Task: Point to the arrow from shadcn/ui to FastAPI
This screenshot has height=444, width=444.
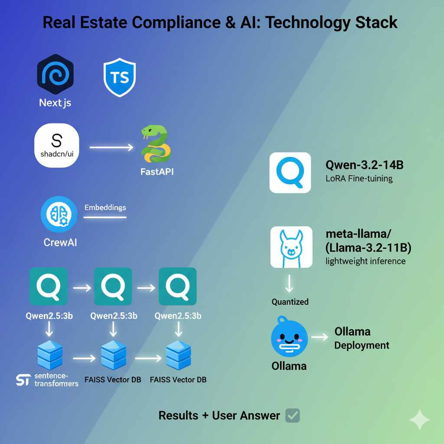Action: tap(111, 148)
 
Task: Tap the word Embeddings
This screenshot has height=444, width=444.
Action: tap(105, 208)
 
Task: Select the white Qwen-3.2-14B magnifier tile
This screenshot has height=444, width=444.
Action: tap(290, 172)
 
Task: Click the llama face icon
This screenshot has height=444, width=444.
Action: tap(291, 247)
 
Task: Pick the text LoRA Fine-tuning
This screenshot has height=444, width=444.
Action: tap(359, 178)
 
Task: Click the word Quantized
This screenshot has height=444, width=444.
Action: tap(290, 302)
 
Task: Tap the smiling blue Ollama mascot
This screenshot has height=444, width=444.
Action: tap(289, 338)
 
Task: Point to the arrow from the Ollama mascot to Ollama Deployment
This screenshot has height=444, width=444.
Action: tap(320, 337)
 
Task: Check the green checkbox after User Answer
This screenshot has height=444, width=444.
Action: tap(293, 415)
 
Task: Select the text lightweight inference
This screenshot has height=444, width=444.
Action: tap(365, 261)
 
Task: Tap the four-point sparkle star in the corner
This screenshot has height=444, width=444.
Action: tap(420, 419)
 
